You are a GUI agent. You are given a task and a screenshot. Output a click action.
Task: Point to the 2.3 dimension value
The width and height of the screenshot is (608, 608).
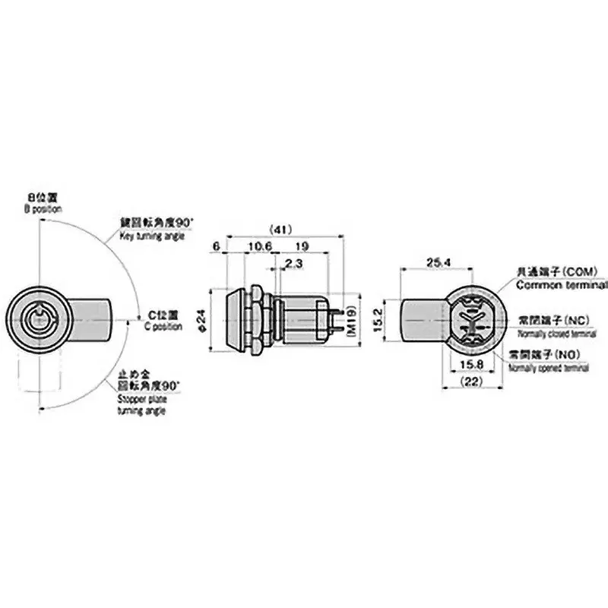290,263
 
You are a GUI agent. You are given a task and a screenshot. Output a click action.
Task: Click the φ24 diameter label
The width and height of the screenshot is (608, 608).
202,318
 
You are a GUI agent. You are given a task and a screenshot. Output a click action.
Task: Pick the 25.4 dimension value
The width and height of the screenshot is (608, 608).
436,262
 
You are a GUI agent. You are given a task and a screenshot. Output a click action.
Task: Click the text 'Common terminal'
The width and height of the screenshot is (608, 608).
562,286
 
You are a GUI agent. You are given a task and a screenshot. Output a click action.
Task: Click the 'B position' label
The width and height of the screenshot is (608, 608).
43,208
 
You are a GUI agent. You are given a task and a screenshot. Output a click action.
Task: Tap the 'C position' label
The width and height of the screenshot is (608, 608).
163,327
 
